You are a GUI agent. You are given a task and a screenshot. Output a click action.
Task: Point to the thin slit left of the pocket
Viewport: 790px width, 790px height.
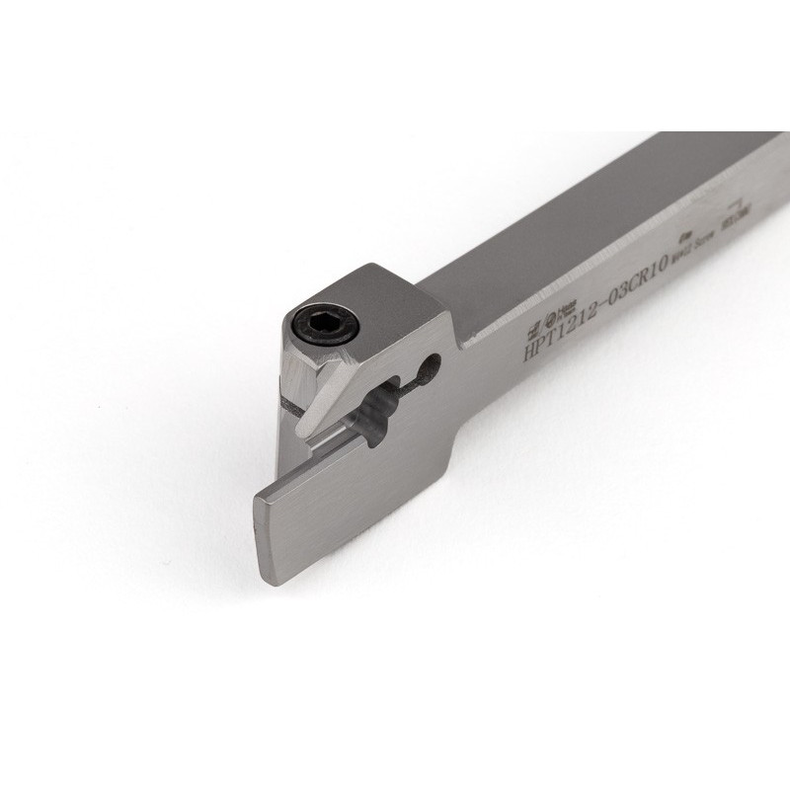tap(290, 404)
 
